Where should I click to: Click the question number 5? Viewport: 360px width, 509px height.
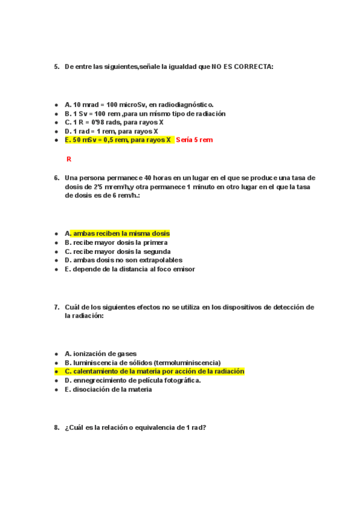click(x=56, y=67)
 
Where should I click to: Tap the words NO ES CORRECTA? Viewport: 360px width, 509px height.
click(x=242, y=67)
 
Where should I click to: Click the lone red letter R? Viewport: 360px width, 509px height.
click(x=69, y=159)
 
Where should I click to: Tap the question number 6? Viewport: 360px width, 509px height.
click(x=56, y=178)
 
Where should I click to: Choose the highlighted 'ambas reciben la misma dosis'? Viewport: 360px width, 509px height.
click(x=121, y=233)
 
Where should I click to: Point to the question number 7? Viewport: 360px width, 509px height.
click(x=56, y=307)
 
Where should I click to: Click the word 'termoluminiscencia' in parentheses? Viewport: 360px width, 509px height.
click(x=187, y=363)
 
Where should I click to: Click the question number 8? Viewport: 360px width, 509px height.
click(x=56, y=427)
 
